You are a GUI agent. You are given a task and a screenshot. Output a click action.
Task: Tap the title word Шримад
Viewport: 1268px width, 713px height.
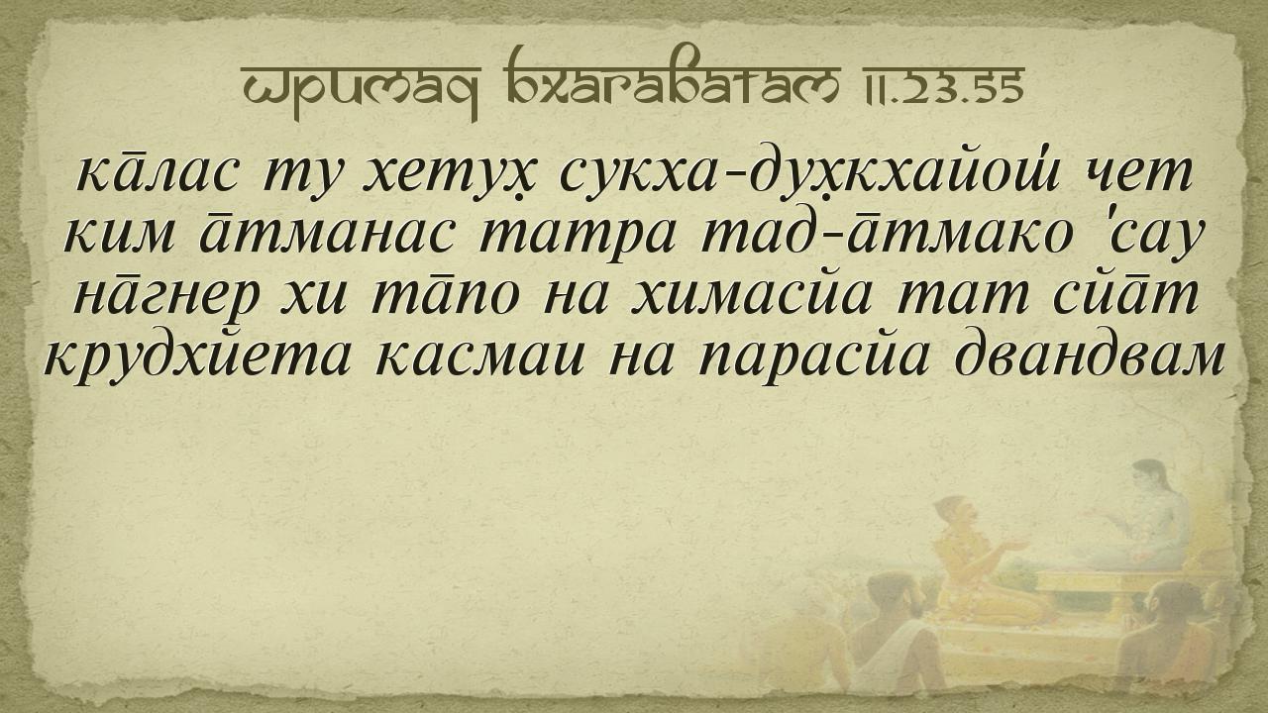(361, 88)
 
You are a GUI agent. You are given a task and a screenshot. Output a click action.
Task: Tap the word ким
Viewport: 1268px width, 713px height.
(118, 235)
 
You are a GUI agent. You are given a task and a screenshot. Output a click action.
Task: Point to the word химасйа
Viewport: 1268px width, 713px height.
(751, 294)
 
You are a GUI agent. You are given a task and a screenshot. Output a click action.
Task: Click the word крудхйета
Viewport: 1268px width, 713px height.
(197, 356)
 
